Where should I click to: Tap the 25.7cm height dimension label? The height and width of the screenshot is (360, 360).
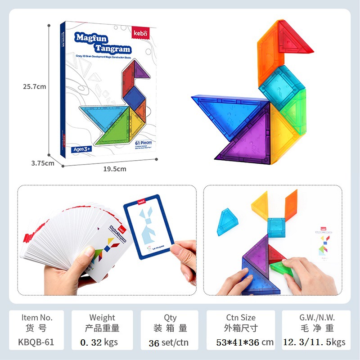point(35,87)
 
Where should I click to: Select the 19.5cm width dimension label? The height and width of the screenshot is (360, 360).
point(115,169)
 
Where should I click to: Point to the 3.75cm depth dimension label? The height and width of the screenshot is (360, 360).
point(43,163)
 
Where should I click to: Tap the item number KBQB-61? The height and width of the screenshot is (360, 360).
point(36,342)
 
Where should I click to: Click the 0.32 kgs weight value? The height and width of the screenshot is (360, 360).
point(99,342)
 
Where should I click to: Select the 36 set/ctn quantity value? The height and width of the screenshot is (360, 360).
point(169,343)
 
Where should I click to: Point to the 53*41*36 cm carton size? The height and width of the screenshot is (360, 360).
point(245,342)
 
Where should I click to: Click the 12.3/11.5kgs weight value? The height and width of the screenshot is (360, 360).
point(314,342)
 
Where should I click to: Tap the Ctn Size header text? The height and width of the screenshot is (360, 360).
point(241,318)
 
